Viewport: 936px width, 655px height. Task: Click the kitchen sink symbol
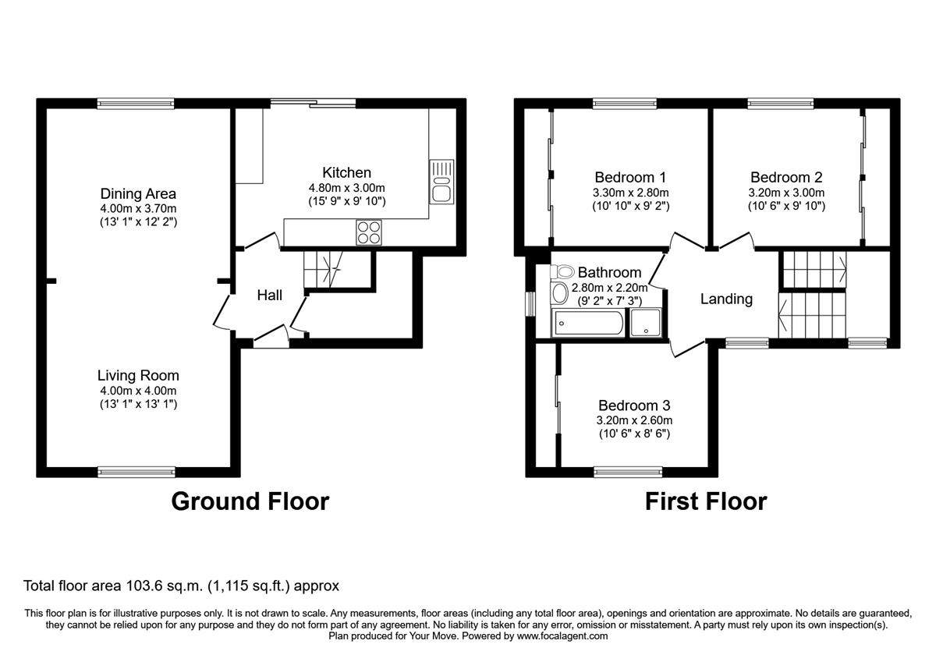(x=441, y=182)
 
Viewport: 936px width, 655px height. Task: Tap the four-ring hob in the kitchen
(x=369, y=232)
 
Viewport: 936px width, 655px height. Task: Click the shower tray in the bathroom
(x=646, y=324)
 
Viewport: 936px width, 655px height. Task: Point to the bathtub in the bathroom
(x=588, y=324)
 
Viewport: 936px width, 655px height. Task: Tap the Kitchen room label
(x=346, y=172)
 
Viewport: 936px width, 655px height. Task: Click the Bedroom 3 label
(x=633, y=405)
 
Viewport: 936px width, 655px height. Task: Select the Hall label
(x=270, y=295)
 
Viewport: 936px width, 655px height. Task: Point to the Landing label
(x=725, y=299)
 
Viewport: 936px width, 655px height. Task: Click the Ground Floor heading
(x=250, y=501)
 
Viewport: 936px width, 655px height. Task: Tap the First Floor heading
(x=705, y=501)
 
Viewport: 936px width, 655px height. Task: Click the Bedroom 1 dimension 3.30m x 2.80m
(x=631, y=193)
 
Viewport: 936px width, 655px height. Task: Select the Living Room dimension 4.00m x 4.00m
(x=138, y=391)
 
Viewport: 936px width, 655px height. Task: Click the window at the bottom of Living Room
(x=136, y=471)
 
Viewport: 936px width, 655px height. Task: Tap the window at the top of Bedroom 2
(x=780, y=103)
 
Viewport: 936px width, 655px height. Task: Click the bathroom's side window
(x=530, y=303)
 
